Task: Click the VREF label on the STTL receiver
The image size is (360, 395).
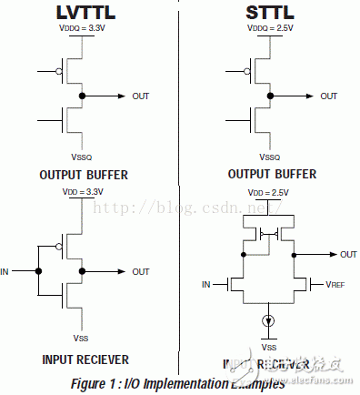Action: click(x=335, y=285)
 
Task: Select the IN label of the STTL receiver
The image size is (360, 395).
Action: click(x=206, y=285)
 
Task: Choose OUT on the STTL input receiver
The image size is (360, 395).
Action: click(x=347, y=255)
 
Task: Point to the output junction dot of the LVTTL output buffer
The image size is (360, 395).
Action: click(x=82, y=95)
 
